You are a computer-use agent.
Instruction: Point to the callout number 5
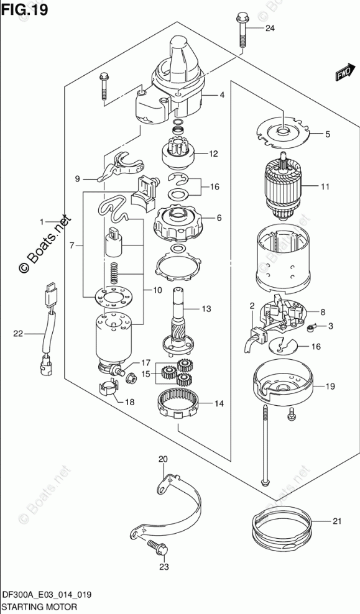point(327,134)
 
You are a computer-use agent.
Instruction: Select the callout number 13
point(206,309)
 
